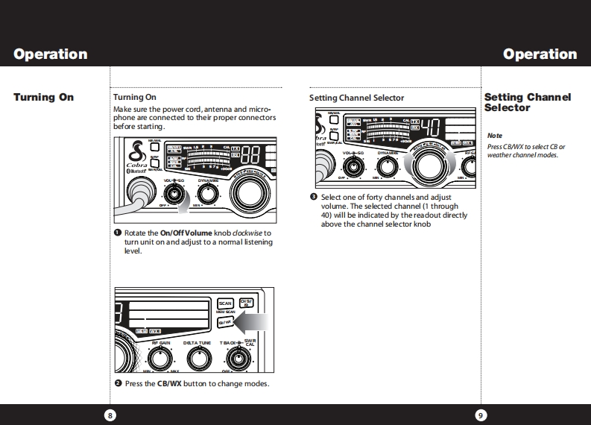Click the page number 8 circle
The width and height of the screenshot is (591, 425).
click(110, 415)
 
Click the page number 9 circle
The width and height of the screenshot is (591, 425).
click(481, 415)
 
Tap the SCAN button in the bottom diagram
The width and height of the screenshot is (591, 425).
click(225, 303)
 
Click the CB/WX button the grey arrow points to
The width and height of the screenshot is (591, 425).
click(225, 321)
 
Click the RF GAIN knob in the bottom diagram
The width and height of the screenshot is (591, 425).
click(165, 359)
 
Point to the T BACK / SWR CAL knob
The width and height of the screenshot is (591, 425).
click(238, 359)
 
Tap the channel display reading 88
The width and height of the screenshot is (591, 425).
click(250, 154)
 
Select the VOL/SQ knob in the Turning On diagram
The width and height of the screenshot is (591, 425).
click(174, 195)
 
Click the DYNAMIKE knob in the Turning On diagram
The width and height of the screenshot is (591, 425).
click(208, 195)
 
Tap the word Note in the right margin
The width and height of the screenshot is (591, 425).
click(495, 136)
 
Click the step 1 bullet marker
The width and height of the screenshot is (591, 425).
click(117, 233)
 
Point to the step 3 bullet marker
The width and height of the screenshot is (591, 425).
click(314, 197)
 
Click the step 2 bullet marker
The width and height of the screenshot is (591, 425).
click(117, 383)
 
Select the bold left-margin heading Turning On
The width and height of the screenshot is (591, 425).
click(43, 97)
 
